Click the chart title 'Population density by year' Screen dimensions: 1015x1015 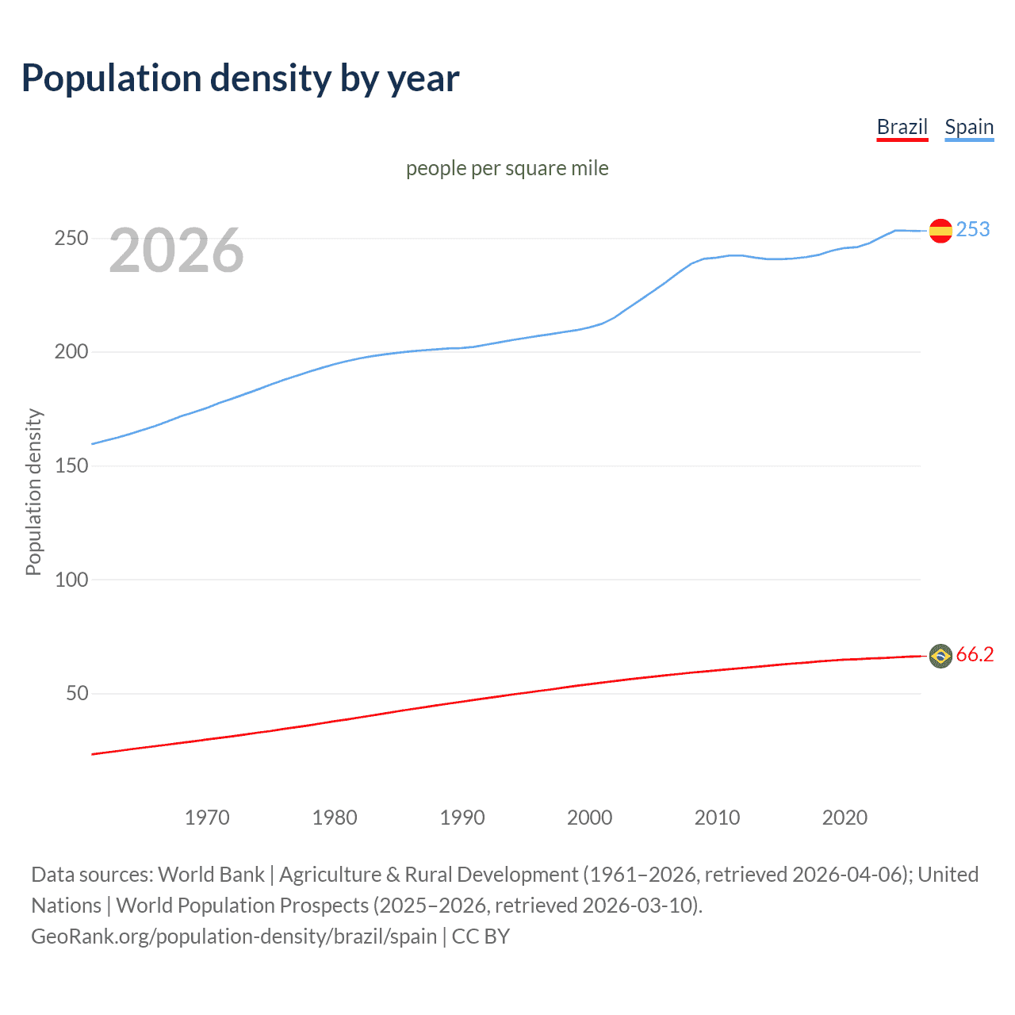coord(240,79)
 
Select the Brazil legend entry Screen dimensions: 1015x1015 coord(902,127)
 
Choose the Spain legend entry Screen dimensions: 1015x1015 coord(969,127)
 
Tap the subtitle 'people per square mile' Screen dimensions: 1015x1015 coord(507,168)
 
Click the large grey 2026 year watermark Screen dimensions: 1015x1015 coord(176,251)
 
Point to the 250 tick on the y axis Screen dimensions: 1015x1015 coord(71,238)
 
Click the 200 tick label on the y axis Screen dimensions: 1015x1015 coord(71,351)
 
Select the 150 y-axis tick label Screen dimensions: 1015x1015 coord(71,465)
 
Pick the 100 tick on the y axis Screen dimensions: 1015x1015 coord(71,580)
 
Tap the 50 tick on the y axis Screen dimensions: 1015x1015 coord(77,693)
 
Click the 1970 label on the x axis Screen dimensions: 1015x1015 coord(207,818)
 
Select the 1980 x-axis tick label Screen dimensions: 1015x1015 coord(335,818)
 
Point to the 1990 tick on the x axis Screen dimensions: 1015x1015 coord(462,818)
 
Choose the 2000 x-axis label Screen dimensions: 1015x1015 coord(590,818)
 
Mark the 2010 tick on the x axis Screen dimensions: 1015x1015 coord(717,818)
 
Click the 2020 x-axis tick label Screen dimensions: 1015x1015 coord(845,818)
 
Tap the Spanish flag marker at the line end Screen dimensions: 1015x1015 coord(940,231)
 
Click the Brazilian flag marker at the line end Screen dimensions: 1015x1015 coord(940,656)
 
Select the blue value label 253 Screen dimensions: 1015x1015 coord(973,229)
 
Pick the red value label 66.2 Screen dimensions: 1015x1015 coord(975,654)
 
